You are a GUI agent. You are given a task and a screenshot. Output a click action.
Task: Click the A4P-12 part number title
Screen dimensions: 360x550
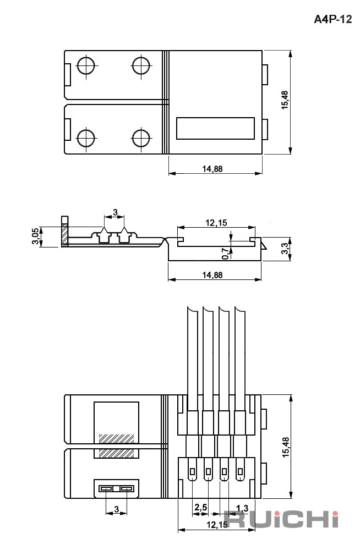[332, 19]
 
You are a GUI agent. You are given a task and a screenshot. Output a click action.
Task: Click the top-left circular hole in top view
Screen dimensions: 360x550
[86, 65]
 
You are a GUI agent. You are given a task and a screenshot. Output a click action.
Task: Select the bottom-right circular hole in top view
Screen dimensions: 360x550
[141, 138]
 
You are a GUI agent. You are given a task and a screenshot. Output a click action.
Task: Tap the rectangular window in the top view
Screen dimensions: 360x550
[215, 128]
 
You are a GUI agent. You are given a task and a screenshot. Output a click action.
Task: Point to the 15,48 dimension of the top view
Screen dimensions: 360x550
[285, 100]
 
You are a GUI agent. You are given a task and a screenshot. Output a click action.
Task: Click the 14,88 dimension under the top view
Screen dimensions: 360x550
[212, 169]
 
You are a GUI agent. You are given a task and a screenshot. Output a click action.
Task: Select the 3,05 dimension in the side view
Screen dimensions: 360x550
[35, 237]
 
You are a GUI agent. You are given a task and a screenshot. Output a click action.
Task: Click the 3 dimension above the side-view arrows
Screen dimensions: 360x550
[115, 212]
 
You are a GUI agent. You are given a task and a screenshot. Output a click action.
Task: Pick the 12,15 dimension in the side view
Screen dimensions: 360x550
[216, 223]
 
